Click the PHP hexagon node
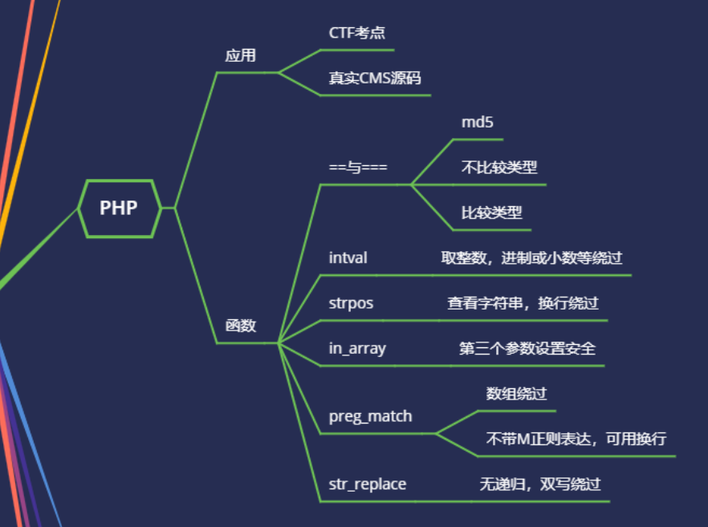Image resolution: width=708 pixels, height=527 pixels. (119, 208)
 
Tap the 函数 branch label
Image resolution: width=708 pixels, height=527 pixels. (240, 326)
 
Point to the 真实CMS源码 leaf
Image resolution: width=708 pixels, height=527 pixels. (374, 79)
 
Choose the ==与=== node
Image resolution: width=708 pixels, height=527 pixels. (358, 168)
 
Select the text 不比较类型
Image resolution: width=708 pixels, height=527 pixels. (498, 168)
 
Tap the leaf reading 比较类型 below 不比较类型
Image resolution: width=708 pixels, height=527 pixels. (491, 213)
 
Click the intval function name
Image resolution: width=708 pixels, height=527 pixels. (348, 258)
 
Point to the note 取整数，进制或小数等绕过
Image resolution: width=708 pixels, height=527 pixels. (531, 258)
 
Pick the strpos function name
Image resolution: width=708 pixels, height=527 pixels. (351, 304)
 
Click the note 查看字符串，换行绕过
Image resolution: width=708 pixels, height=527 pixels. (523, 304)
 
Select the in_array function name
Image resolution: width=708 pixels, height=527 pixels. (357, 349)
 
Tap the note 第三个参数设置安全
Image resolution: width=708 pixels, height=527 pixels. (527, 349)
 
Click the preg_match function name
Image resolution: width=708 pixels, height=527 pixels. (370, 416)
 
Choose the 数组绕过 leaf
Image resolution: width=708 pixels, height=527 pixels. (516, 394)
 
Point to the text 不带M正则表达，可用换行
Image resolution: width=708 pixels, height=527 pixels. (576, 440)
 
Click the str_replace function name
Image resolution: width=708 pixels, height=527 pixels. (368, 484)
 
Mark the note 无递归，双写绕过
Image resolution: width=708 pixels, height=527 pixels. (539, 484)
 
